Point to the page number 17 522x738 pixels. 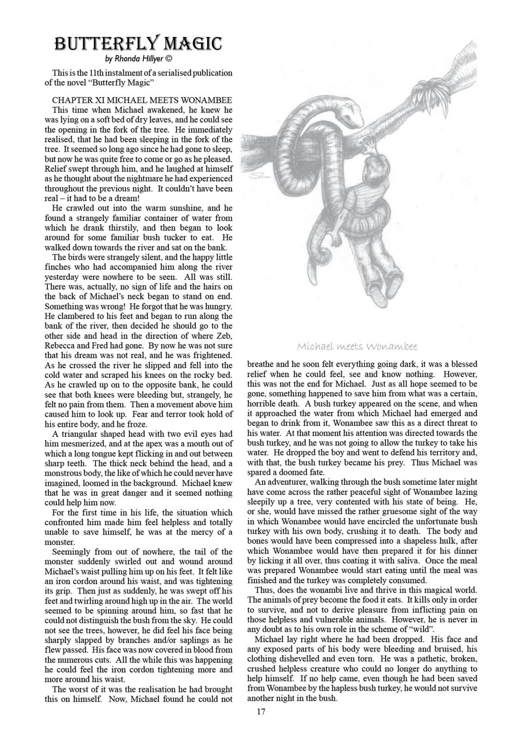point(261,711)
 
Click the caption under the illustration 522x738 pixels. point(357,347)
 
